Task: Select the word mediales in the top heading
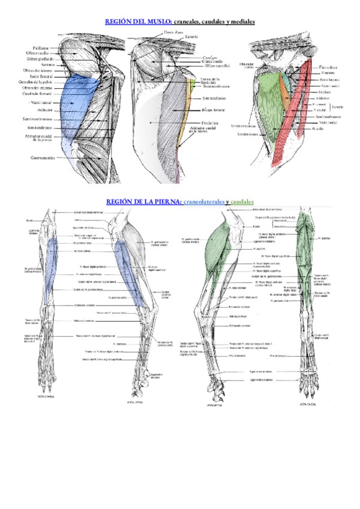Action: pyautogui.click(x=241, y=21)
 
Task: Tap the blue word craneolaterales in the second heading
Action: pyautogui.click(x=206, y=202)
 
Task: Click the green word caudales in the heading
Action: pyautogui.click(x=241, y=202)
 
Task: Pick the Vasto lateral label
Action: pyautogui.click(x=43, y=103)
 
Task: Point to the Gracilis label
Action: pyautogui.click(x=317, y=128)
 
